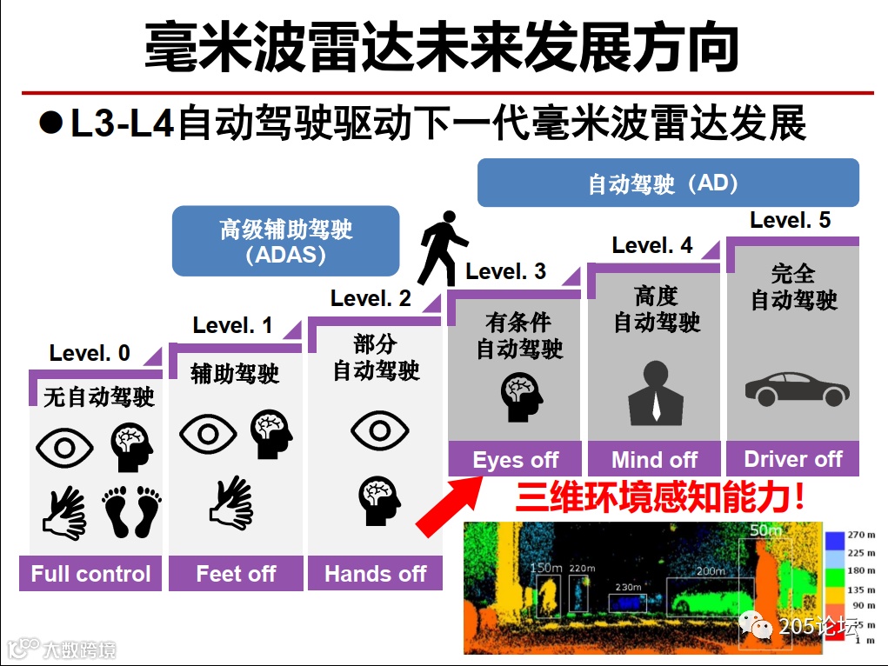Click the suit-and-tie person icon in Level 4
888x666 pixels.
click(655, 395)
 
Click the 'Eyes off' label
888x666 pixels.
click(515, 460)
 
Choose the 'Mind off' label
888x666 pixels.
click(654, 460)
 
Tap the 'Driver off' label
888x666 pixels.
click(792, 459)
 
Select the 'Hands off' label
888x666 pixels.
click(375, 574)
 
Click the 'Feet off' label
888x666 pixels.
click(236, 574)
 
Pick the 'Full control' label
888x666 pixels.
click(90, 574)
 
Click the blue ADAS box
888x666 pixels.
click(285, 241)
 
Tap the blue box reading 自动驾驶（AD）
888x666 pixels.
click(667, 183)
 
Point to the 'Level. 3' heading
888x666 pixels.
click(505, 271)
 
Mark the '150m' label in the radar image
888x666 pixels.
click(546, 568)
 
